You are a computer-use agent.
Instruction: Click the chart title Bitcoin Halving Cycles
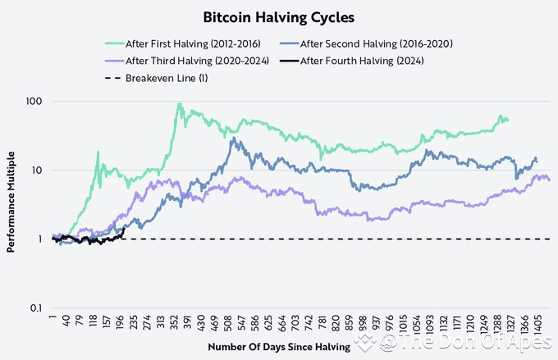click(x=279, y=16)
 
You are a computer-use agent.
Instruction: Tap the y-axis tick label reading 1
click(x=39, y=239)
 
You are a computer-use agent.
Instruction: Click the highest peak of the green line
click(x=179, y=104)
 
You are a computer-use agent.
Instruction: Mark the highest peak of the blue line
click(x=234, y=139)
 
